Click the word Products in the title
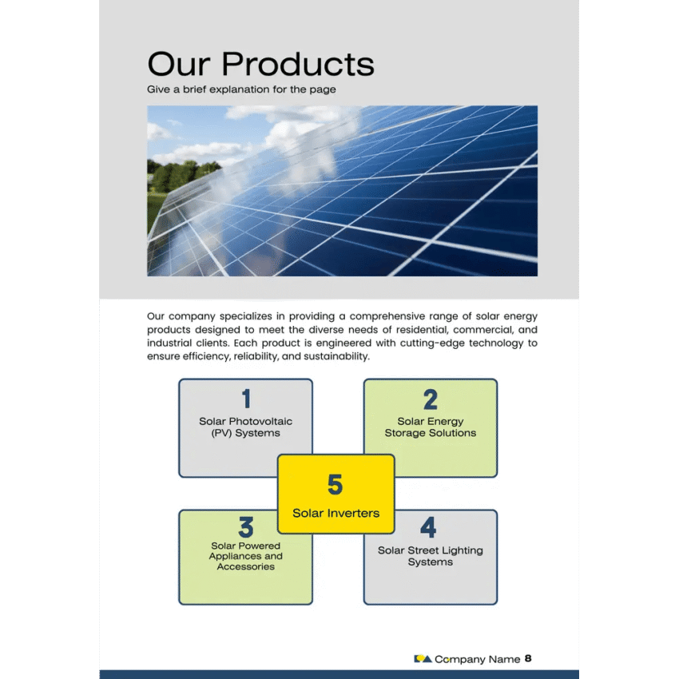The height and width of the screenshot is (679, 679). click(297, 64)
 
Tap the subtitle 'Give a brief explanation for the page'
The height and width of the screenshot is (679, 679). click(241, 89)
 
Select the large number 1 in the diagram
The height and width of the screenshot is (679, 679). click(246, 399)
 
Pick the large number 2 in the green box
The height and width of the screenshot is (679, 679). click(431, 399)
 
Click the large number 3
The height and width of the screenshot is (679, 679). click(246, 527)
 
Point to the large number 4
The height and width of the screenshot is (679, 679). click(429, 527)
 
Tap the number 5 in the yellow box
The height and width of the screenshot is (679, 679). click(336, 485)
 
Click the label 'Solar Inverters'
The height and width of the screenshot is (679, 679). click(336, 513)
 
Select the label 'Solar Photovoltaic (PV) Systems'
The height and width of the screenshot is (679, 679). click(246, 427)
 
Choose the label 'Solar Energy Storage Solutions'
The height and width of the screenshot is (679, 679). click(431, 427)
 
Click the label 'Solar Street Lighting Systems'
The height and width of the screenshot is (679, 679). click(431, 556)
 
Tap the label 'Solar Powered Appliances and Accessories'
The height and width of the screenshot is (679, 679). click(246, 557)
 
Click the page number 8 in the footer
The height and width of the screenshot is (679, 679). click(528, 659)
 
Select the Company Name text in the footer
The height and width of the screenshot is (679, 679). click(477, 660)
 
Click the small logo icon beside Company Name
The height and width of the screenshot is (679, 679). click(423, 659)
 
